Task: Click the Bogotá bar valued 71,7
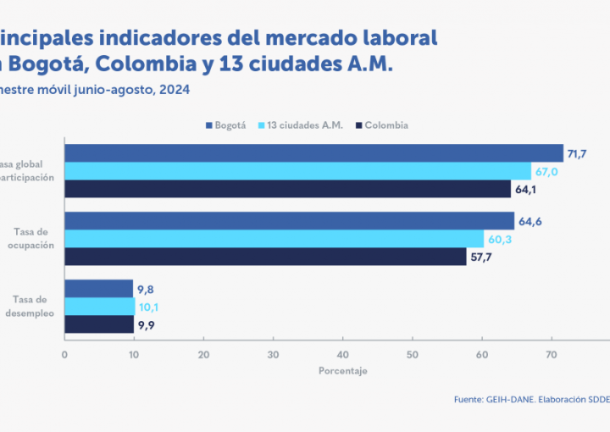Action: tap(313, 153)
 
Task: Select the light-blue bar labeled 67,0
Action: tap(297, 171)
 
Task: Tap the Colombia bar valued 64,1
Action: tap(287, 189)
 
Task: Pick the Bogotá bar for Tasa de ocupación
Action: tap(289, 221)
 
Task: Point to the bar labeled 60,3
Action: tap(274, 239)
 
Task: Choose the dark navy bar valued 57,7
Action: tap(265, 257)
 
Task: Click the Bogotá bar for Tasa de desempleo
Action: tap(99, 289)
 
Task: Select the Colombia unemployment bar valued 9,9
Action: tap(99, 324)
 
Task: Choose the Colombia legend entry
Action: tap(381, 125)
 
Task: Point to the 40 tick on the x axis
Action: tap(342, 354)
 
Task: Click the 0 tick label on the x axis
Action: tap(64, 354)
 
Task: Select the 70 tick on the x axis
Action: tap(551, 354)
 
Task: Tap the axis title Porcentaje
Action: tap(343, 371)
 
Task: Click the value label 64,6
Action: tap(530, 222)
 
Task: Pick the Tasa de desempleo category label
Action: tap(34, 306)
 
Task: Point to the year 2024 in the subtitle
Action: tap(173, 90)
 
